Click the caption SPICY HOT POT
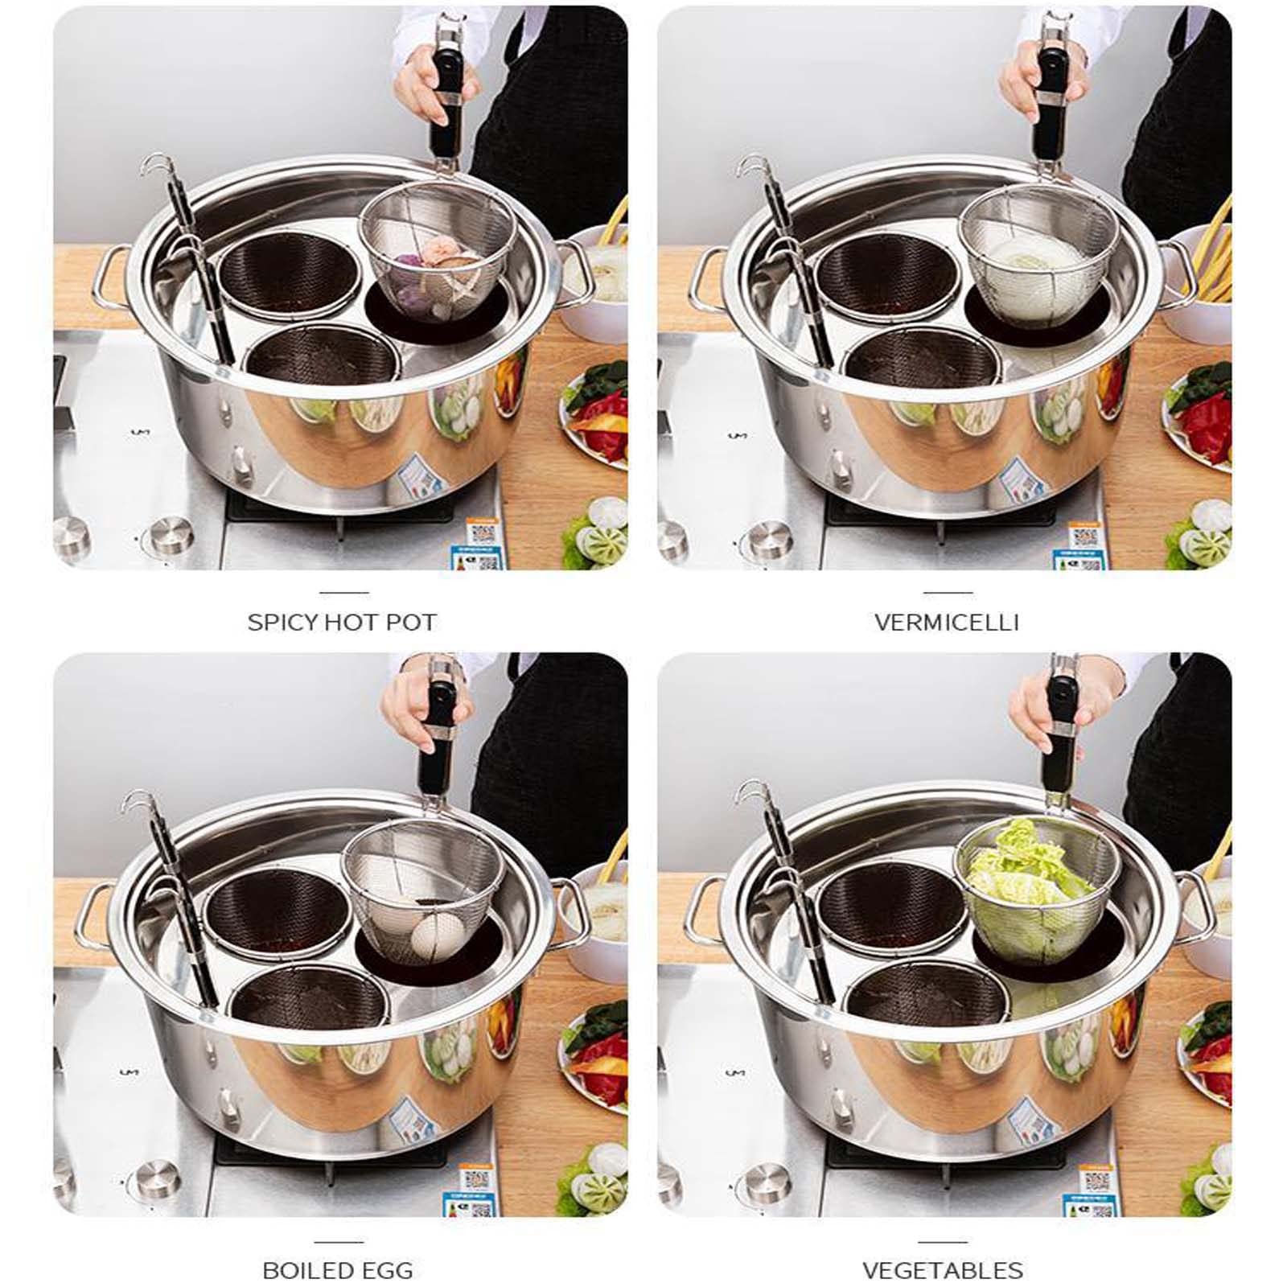[341, 622]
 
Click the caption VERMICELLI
[946, 622]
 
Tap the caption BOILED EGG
[338, 1270]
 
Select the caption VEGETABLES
[943, 1270]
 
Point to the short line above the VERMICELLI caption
[948, 592]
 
